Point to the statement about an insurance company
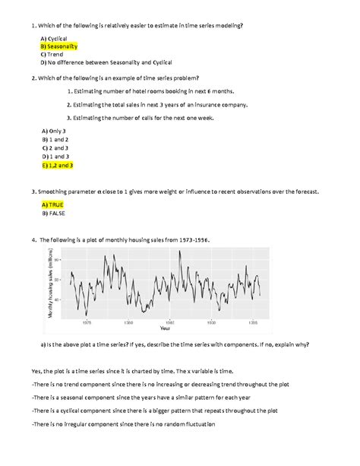(161, 104)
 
